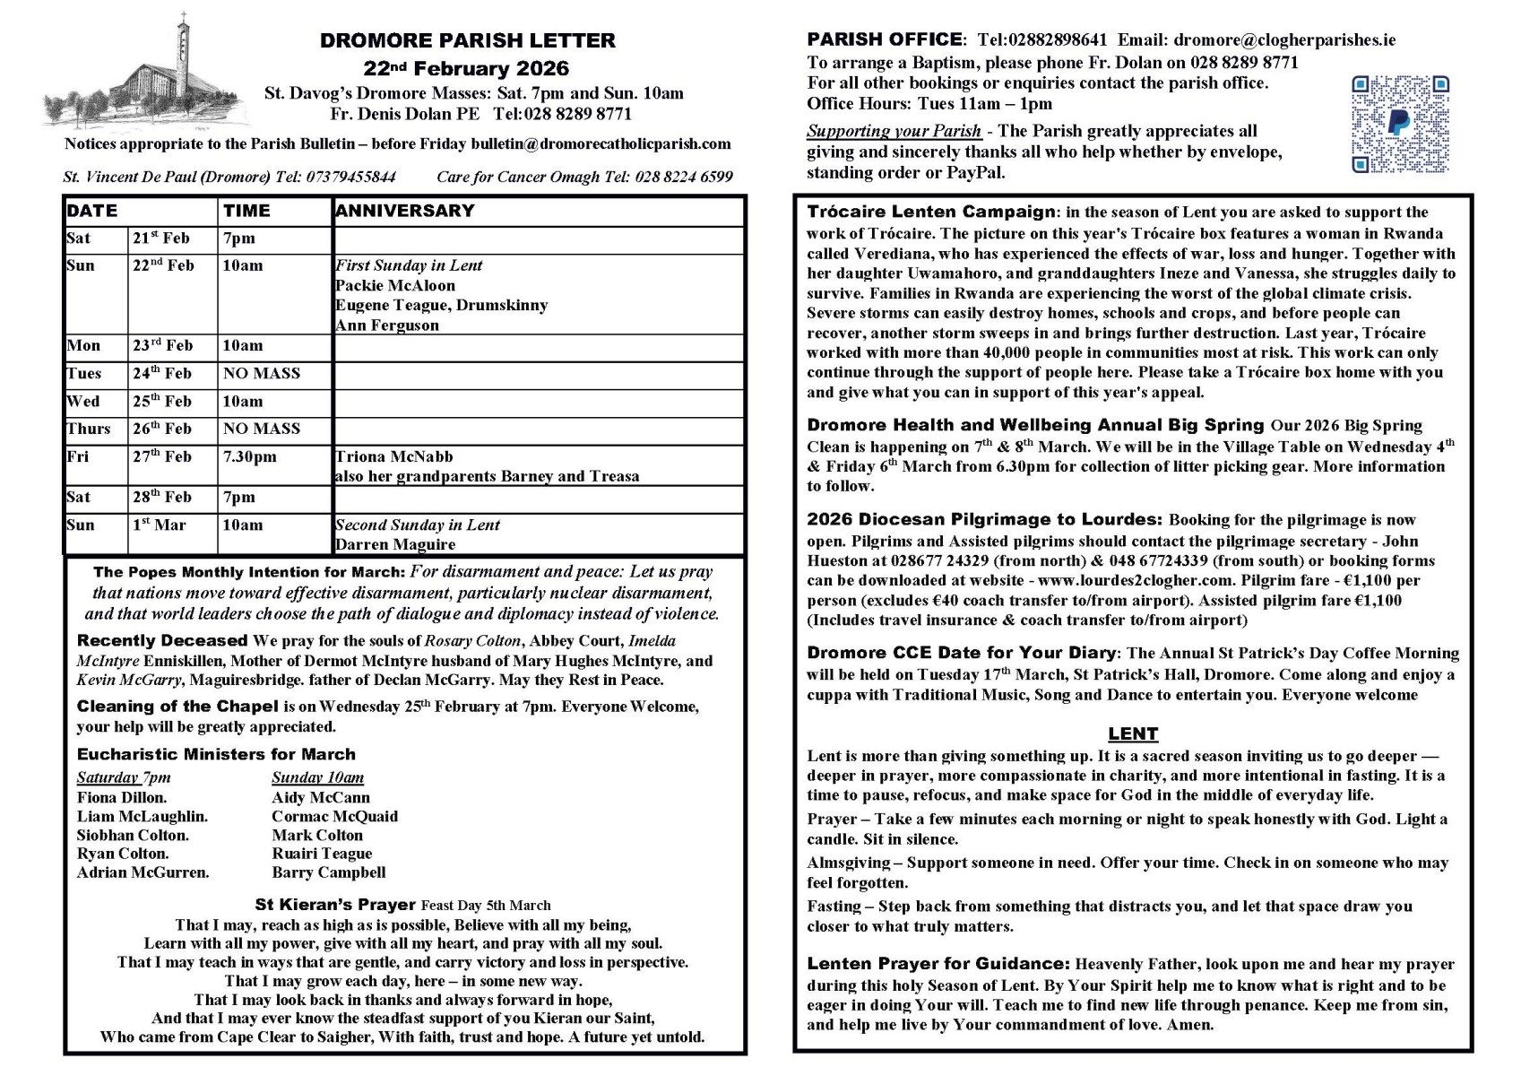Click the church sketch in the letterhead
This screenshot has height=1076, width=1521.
point(148,76)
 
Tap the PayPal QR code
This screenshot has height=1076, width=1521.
point(1399,124)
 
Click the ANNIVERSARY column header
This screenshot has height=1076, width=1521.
point(404,211)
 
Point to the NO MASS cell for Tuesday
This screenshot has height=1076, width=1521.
point(262,373)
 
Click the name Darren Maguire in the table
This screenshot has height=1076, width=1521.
point(395,544)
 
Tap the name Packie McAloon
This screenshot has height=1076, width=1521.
point(395,285)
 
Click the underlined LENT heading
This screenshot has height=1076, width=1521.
point(1133,733)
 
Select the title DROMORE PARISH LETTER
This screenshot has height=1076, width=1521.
point(468,40)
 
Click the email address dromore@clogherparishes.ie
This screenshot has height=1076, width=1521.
point(1284,39)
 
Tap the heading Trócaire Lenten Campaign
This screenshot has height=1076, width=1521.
point(931,213)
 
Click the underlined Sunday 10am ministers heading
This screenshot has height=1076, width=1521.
point(317,777)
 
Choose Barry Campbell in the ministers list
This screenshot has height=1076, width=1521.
point(329,872)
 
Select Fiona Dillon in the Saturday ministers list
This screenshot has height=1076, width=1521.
point(122,797)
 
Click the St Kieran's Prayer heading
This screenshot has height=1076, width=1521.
point(335,905)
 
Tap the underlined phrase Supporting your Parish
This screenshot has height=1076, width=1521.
point(894,131)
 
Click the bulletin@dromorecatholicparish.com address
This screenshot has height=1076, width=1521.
point(601,143)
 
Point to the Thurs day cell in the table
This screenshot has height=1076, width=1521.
point(89,429)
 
